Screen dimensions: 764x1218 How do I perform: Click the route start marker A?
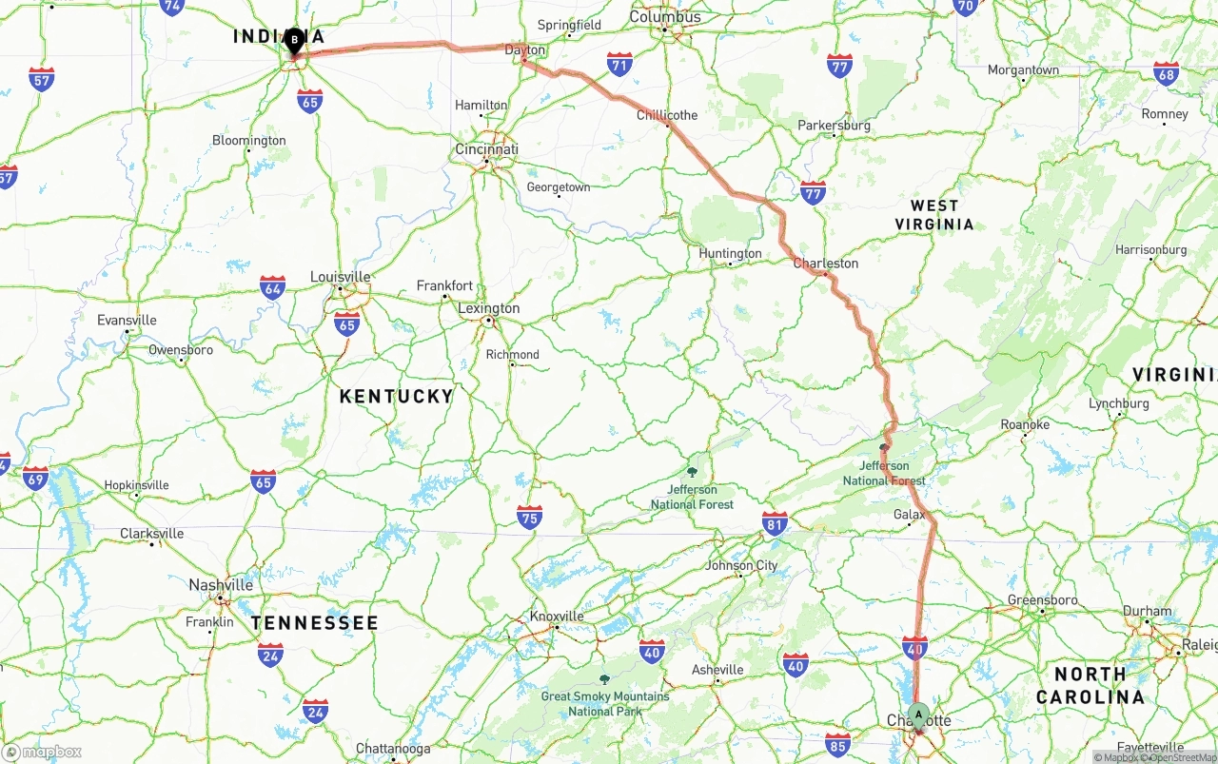click(x=918, y=714)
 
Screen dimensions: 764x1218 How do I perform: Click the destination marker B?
click(x=294, y=40)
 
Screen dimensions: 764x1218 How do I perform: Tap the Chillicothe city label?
click(x=667, y=115)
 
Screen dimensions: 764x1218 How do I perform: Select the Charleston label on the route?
click(x=826, y=264)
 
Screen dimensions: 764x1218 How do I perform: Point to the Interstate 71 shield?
click(x=619, y=65)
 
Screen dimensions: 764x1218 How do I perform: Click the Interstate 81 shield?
click(x=775, y=522)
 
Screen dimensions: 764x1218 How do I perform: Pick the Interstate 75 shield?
click(x=530, y=518)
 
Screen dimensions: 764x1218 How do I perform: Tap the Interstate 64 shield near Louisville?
click(x=272, y=287)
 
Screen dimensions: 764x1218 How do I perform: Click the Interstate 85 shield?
click(x=838, y=745)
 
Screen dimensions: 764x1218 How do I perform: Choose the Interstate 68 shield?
click(x=1166, y=73)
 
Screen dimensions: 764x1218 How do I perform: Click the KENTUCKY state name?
click(x=397, y=396)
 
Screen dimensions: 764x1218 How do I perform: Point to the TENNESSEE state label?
click(x=315, y=623)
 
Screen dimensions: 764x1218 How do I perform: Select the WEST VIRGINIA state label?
click(x=934, y=215)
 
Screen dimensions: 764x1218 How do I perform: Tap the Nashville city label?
click(x=221, y=585)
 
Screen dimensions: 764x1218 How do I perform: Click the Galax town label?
click(x=909, y=515)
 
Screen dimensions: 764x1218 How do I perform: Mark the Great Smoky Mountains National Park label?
click(x=605, y=703)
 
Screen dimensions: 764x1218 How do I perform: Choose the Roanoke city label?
click(x=1025, y=424)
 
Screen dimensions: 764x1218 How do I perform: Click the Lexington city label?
click(x=489, y=308)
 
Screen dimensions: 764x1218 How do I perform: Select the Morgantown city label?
click(x=1023, y=70)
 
